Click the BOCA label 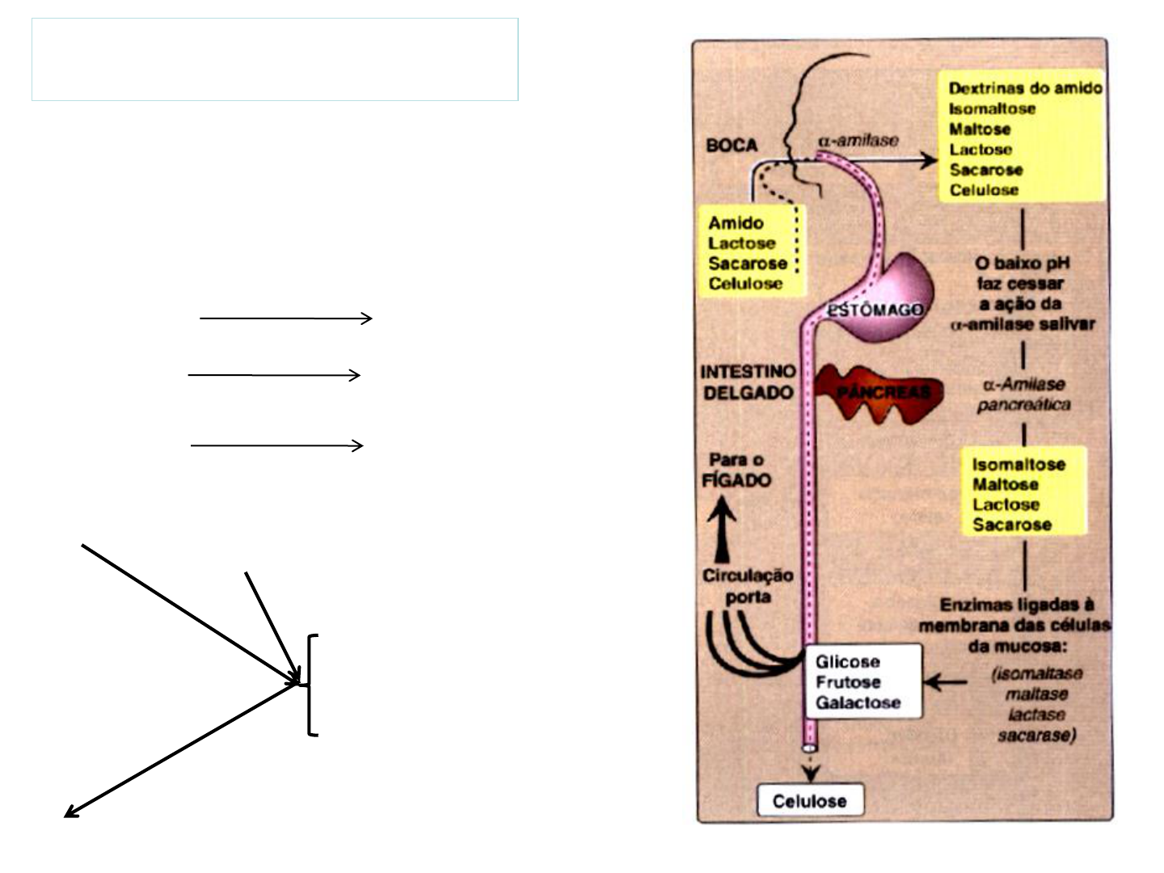click(x=732, y=145)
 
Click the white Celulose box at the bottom click(x=810, y=801)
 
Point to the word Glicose click(x=847, y=662)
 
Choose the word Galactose click(x=858, y=702)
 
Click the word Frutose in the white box click(x=848, y=682)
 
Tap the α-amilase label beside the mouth click(x=858, y=140)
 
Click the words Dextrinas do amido click(x=1025, y=88)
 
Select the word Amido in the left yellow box click(x=736, y=223)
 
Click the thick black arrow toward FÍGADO click(x=723, y=529)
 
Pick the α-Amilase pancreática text click(x=1023, y=394)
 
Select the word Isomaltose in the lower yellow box click(x=1018, y=465)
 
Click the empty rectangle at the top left click(x=275, y=60)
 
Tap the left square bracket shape click(x=313, y=685)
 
